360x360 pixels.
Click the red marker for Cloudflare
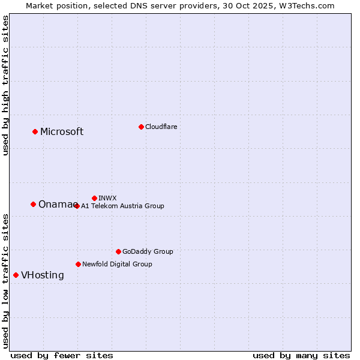click(141, 127)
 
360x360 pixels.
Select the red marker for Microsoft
click(35, 131)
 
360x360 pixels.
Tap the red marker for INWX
click(94, 198)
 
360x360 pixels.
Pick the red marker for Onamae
click(33, 204)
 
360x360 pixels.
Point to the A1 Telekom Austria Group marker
click(77, 206)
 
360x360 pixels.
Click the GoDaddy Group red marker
click(118, 251)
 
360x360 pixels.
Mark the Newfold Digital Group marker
click(78, 264)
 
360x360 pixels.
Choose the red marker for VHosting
click(16, 275)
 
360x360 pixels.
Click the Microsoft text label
click(62, 132)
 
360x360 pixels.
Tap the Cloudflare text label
click(161, 127)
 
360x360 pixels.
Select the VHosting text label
click(42, 275)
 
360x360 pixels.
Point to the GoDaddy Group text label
click(148, 252)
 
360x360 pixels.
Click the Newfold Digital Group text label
click(117, 264)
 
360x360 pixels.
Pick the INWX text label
click(107, 198)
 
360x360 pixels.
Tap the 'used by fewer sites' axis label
click(62, 355)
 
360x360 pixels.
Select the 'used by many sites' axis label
click(301, 355)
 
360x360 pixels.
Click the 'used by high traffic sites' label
click(6, 85)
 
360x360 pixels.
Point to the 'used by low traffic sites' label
click(6, 280)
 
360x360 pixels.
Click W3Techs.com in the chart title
click(310, 5)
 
